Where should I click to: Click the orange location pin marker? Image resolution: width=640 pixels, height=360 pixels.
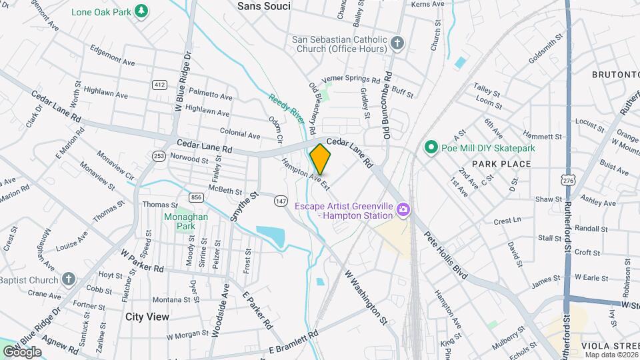coord(320,159)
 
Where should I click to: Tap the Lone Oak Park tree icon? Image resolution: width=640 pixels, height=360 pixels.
coord(141,11)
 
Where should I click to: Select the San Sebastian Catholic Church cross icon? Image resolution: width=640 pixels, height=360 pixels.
coord(397,44)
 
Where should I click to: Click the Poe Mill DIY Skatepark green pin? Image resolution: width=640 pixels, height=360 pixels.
coord(431,147)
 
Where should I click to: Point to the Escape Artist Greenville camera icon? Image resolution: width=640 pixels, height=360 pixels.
coord(403,211)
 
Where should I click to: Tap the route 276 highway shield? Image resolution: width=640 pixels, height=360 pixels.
coord(568,180)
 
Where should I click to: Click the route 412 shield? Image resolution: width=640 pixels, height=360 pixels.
coord(159,85)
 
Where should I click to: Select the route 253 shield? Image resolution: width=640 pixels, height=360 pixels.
coord(159,156)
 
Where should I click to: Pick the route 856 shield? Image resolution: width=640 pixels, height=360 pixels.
coord(196,197)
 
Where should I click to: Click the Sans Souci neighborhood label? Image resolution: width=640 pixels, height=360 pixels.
coord(264,6)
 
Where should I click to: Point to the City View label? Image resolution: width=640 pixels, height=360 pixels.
coord(147,317)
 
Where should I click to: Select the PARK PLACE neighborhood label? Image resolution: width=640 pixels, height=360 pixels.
coord(501,163)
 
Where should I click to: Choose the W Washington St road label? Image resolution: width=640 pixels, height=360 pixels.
coord(366,297)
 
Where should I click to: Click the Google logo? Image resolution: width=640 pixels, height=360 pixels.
coord(23,351)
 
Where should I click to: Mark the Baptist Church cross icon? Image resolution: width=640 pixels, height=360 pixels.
coord(69,279)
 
